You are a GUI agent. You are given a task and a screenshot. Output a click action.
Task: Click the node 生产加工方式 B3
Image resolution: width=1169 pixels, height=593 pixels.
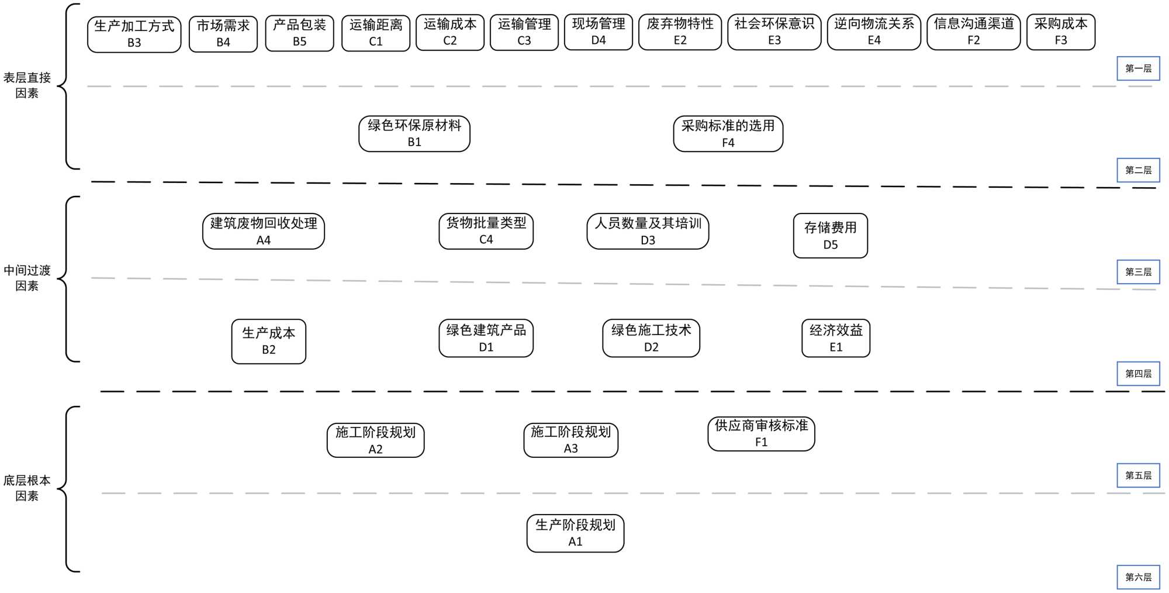pyautogui.click(x=134, y=35)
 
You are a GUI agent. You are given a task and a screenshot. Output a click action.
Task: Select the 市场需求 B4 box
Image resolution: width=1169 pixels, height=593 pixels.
pyautogui.click(x=223, y=34)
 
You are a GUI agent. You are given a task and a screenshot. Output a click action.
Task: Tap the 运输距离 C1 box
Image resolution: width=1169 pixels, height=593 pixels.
pyautogui.click(x=376, y=33)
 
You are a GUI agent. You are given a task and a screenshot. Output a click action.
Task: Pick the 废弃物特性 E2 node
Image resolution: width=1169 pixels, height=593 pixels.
pyautogui.click(x=680, y=32)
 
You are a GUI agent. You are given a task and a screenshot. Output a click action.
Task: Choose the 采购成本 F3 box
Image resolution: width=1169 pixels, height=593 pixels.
pyautogui.click(x=1060, y=32)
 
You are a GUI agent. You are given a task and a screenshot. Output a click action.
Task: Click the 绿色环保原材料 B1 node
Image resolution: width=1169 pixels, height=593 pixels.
pyautogui.click(x=414, y=134)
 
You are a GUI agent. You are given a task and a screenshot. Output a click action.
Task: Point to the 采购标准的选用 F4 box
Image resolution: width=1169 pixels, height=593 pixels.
pyautogui.click(x=728, y=134)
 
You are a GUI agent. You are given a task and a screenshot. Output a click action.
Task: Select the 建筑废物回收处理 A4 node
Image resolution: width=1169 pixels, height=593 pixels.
pyautogui.click(x=264, y=232)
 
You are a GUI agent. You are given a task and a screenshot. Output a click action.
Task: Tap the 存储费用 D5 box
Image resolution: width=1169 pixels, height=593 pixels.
pyautogui.click(x=830, y=236)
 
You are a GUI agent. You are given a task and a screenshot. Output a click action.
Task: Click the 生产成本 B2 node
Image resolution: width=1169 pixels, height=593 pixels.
pyautogui.click(x=269, y=342)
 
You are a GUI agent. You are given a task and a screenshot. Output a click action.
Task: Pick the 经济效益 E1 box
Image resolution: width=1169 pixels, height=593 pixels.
pyautogui.click(x=836, y=338)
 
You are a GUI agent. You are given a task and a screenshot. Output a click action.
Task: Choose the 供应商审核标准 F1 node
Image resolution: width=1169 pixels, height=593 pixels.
pyautogui.click(x=761, y=434)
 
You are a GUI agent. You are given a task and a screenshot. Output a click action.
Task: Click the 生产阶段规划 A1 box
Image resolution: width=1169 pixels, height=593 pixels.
pyautogui.click(x=575, y=533)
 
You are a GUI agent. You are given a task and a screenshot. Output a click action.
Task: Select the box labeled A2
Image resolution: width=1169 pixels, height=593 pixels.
pyautogui.click(x=375, y=440)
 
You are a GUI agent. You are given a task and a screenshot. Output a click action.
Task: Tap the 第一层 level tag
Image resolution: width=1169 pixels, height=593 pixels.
pyautogui.click(x=1138, y=68)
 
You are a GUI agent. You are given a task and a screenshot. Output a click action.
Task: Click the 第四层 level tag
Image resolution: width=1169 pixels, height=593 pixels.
pyautogui.click(x=1138, y=374)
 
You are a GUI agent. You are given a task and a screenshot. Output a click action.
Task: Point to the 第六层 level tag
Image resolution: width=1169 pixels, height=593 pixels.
pyautogui.click(x=1138, y=577)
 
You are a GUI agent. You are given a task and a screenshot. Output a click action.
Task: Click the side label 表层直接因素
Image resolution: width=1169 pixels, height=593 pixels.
pyautogui.click(x=27, y=85)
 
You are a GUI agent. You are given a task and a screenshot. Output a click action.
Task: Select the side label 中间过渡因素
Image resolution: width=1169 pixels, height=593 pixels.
pyautogui.click(x=27, y=278)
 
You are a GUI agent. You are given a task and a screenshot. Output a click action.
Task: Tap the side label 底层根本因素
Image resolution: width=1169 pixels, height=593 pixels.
pyautogui.click(x=27, y=488)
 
